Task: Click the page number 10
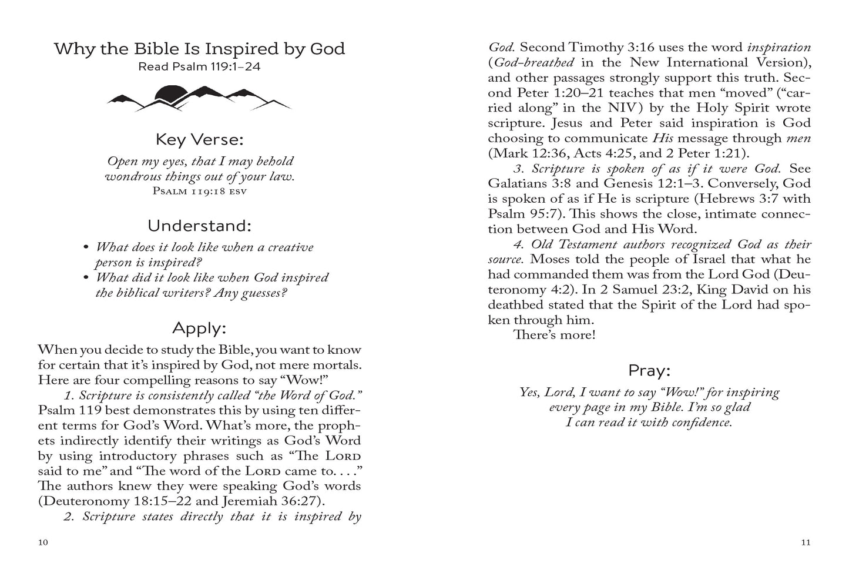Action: (42, 542)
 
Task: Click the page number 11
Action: (806, 542)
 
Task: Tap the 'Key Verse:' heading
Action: (199, 140)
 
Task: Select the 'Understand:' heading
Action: (199, 226)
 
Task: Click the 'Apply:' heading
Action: (199, 328)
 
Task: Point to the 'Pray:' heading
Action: (649, 371)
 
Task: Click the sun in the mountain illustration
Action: (170, 92)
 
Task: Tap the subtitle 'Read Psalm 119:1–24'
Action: (199, 66)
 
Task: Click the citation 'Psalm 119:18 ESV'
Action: (199, 191)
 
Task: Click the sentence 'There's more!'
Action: (554, 336)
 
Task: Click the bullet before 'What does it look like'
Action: (86, 247)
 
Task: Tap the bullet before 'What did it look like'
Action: (86, 278)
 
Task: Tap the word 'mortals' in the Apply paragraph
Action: (338, 365)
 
